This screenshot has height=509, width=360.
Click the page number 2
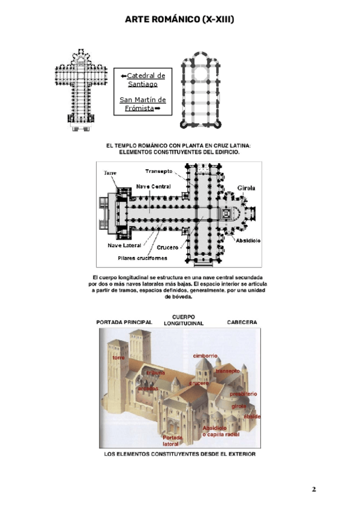313,489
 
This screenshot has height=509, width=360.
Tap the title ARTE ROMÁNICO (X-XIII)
179,20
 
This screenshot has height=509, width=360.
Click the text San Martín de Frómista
143,104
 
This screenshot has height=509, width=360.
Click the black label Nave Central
152,187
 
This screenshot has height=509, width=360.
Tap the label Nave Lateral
125,245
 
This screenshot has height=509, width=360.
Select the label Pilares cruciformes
142,258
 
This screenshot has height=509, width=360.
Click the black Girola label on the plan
246,187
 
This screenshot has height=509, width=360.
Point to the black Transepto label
159,171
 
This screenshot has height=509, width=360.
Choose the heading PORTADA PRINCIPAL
124,322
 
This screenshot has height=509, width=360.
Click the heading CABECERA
242,322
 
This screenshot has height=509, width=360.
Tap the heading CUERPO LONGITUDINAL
184,319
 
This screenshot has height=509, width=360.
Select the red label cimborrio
205,355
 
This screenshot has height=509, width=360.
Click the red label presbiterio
244,393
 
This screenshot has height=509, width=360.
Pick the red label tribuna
156,373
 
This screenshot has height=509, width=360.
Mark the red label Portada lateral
173,441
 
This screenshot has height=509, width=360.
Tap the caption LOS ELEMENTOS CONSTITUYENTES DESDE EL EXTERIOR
180,454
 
